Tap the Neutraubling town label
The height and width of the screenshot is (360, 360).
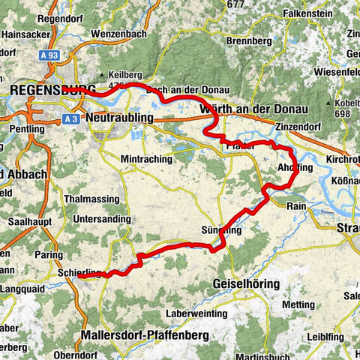tap(120, 118)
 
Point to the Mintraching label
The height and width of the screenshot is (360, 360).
tap(146, 159)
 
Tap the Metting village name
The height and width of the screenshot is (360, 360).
tap(299, 304)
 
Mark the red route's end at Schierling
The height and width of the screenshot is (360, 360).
tap(79, 277)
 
